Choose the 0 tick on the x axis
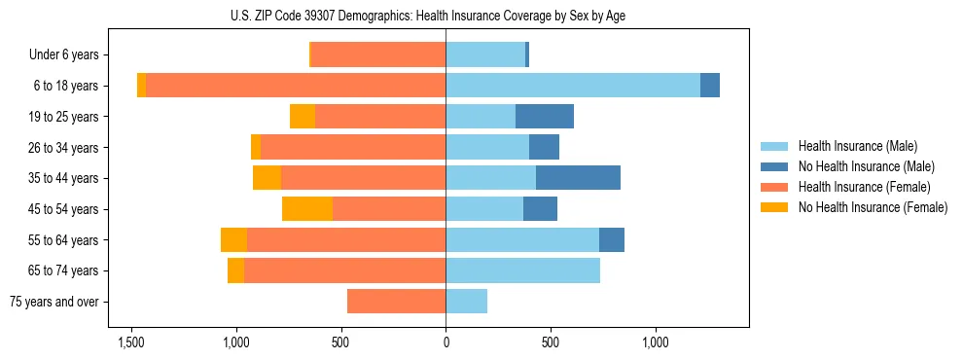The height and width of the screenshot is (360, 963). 446,342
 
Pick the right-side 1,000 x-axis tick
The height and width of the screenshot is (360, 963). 655,342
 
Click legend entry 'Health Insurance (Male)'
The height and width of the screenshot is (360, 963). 857,146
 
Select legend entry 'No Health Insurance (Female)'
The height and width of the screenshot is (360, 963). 873,207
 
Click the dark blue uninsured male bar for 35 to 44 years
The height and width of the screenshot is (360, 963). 578,178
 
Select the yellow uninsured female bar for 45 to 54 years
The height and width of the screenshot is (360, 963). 307,209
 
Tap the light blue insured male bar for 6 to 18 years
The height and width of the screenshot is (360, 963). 573,86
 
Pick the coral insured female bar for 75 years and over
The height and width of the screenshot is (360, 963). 396,302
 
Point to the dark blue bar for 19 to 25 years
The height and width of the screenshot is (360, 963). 544,117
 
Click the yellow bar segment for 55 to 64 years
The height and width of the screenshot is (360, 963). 233,240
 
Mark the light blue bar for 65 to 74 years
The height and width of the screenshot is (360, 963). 522,270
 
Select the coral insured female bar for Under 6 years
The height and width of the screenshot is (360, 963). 378,55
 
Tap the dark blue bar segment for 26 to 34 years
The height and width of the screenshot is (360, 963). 544,148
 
